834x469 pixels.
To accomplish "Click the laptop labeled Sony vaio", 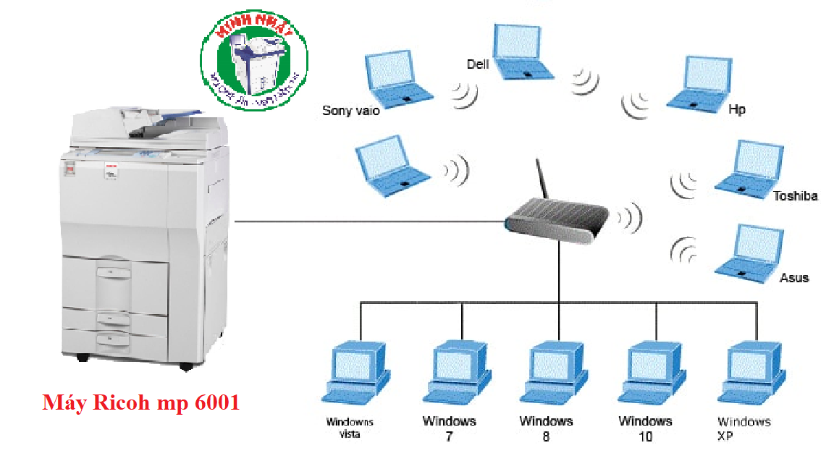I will [x=397, y=76].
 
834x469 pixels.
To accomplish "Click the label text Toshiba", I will [x=795, y=196].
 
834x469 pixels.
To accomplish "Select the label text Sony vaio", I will [x=350, y=111].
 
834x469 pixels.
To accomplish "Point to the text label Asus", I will [x=793, y=277].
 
